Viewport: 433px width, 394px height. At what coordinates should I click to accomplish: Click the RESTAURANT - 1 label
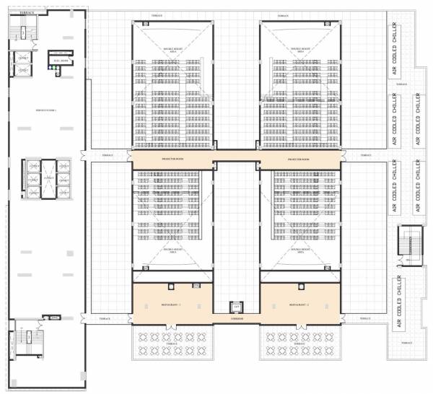click(x=172, y=305)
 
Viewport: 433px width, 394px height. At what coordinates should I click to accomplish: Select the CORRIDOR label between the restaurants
click(x=236, y=318)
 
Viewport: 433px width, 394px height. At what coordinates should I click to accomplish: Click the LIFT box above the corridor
click(x=235, y=307)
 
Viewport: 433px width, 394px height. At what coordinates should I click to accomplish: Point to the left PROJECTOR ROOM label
click(x=172, y=159)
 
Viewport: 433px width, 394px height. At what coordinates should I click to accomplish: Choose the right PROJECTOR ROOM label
click(x=299, y=159)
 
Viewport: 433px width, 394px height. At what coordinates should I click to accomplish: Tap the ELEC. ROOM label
click(x=64, y=61)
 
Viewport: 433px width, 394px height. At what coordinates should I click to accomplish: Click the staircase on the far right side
click(x=414, y=245)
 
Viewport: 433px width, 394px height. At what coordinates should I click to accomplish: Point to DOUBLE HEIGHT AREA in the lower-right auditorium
click(x=299, y=251)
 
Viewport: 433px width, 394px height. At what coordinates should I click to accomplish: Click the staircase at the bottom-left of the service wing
click(x=25, y=339)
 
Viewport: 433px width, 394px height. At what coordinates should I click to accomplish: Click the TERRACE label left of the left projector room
click(x=107, y=154)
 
